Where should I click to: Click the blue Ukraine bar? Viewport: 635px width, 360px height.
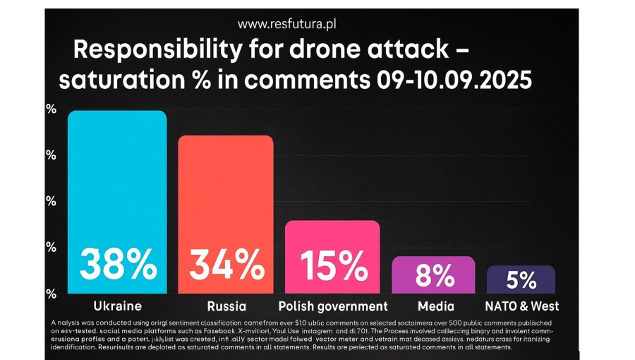click(117, 176)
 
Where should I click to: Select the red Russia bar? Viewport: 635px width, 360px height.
click(225, 191)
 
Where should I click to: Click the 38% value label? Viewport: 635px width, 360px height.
click(118, 265)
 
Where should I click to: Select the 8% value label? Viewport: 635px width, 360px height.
click(434, 275)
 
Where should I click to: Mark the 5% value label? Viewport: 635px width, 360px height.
click(521, 280)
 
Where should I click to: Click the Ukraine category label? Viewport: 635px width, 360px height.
click(118, 306)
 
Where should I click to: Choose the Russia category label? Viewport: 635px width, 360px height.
click(226, 306)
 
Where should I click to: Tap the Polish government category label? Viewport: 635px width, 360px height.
click(333, 306)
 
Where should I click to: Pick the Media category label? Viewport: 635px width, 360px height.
click(435, 306)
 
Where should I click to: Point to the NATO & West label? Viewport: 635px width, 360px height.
click(522, 306)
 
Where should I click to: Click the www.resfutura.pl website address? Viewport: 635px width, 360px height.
click(286, 24)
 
